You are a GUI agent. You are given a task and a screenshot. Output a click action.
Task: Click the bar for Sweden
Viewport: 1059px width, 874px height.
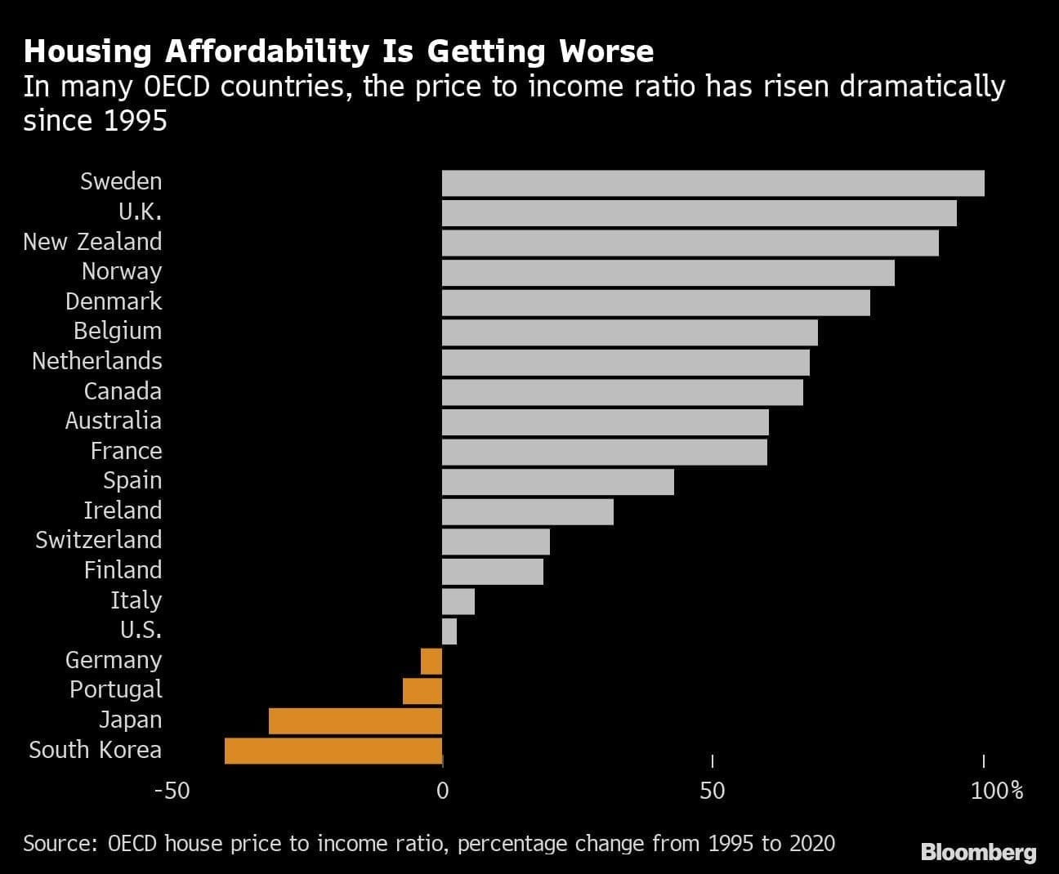pyautogui.click(x=713, y=183)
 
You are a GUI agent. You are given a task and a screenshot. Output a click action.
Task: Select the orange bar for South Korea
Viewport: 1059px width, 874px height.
pyautogui.click(x=333, y=751)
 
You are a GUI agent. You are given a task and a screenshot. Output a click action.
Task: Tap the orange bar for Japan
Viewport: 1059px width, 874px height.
pyautogui.click(x=355, y=721)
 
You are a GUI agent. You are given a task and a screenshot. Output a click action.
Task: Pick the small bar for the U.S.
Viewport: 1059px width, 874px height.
pyautogui.click(x=449, y=631)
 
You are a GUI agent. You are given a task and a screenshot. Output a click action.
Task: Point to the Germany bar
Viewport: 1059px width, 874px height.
pyautogui.click(x=431, y=661)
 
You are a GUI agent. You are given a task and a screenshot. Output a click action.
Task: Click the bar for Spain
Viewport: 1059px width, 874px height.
pyautogui.click(x=558, y=482)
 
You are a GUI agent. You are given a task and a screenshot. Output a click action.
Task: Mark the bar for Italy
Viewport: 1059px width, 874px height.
pyautogui.click(x=458, y=601)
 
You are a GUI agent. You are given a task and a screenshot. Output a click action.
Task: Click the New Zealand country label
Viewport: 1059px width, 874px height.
pyautogui.click(x=92, y=242)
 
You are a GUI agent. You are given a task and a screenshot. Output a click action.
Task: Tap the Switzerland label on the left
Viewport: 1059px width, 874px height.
pyautogui.click(x=98, y=540)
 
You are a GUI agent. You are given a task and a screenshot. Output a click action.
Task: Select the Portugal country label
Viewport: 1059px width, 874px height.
pyautogui.click(x=115, y=689)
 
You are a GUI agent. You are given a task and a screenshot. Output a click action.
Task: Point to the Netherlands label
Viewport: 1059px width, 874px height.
pyautogui.click(x=96, y=361)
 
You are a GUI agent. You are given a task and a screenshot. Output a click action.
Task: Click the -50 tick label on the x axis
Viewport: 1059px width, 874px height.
pyautogui.click(x=172, y=791)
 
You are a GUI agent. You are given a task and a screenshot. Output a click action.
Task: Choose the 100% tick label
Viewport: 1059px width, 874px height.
pyautogui.click(x=997, y=791)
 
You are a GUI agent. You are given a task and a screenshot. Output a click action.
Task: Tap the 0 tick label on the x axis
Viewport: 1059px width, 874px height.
pyautogui.click(x=442, y=791)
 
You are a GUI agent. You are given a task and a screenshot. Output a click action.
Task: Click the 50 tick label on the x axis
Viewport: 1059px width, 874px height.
pyautogui.click(x=713, y=791)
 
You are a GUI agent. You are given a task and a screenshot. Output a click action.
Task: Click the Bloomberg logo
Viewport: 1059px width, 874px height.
pyautogui.click(x=978, y=853)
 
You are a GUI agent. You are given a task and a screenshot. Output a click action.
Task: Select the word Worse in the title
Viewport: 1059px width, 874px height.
pyautogui.click(x=606, y=51)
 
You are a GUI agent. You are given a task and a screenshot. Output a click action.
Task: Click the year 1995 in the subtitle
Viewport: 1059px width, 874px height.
pyautogui.click(x=136, y=121)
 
